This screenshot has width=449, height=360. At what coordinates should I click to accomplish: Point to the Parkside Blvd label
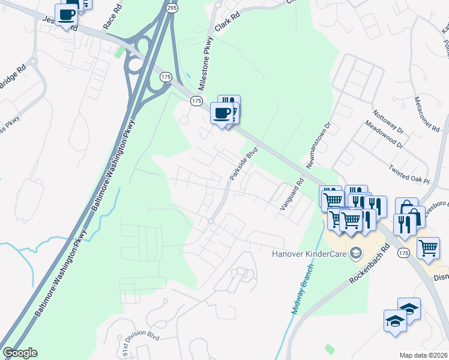(243, 163)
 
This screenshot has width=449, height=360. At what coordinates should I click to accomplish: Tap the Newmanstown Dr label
(318, 145)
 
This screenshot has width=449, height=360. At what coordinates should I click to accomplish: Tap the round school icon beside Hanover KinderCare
(356, 252)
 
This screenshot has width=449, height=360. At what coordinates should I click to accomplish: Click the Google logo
(20, 353)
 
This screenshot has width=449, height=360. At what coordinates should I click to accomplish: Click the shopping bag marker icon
(406, 208)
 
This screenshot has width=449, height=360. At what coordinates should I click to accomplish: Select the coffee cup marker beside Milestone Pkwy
(222, 112)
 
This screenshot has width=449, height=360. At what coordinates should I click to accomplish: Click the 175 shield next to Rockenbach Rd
(402, 254)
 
